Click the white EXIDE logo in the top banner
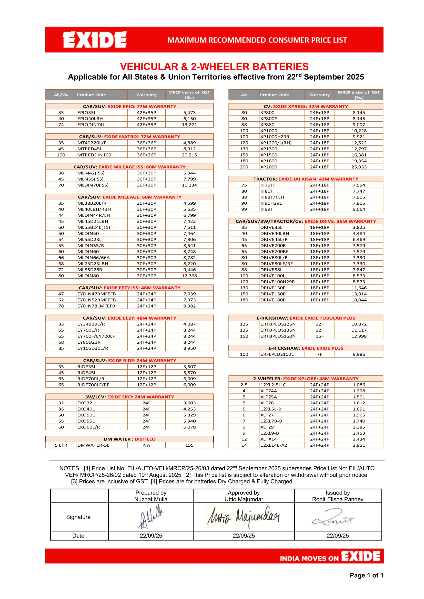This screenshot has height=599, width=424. pos(95,40)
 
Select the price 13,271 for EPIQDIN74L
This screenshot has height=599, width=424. pos(189,125)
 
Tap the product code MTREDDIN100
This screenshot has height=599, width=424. pos(94,155)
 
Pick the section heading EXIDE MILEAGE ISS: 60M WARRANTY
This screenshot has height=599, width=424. pos(142,167)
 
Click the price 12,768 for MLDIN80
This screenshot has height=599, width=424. pos(189,276)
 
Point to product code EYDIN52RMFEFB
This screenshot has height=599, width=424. pos(96,300)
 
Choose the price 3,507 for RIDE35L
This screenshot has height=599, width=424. pos(189,367)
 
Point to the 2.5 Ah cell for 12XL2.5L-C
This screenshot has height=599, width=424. pos(244,385)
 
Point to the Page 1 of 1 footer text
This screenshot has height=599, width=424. pos(366,575)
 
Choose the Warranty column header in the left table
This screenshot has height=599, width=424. pos(146,95)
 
